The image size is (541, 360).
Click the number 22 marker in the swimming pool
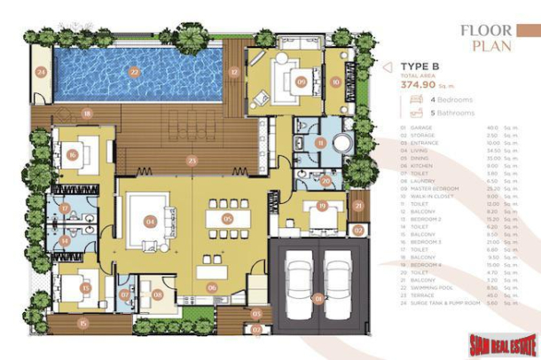point(134,72)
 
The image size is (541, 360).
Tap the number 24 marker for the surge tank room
point(40,74)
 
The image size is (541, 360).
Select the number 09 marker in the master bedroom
point(301,82)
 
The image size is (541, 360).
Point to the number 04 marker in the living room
point(150,221)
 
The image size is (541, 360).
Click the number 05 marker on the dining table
point(227,218)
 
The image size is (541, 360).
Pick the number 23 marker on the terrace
point(192,160)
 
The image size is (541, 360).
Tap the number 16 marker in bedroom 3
point(72,154)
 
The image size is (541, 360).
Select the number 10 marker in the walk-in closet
point(335,82)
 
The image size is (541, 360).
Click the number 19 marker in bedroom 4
point(322,206)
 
